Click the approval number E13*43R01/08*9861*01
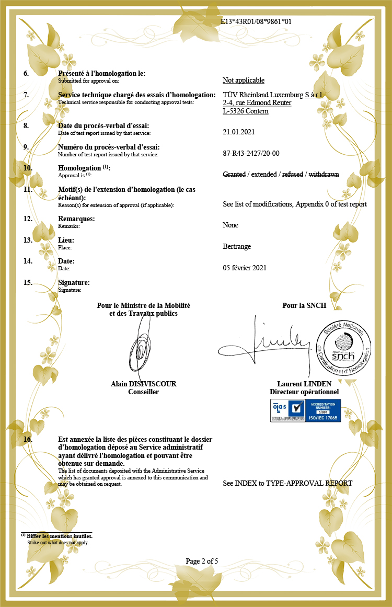pyautogui.click(x=256, y=21)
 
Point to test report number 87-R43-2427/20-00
pyautogui.click(x=251, y=153)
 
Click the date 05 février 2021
pyautogui.click(x=245, y=268)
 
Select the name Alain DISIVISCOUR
pyautogui.click(x=144, y=384)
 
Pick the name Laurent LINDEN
pyautogui.click(x=304, y=384)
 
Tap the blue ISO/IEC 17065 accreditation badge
pyautogui.click(x=305, y=410)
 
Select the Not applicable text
pyautogui.click(x=244, y=80)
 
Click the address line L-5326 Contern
pyautogui.click(x=246, y=111)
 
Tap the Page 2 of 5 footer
pyautogui.click(x=202, y=561)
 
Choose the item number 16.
pyautogui.click(x=28, y=440)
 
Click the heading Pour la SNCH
pyautogui.click(x=304, y=305)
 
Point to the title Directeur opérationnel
pyautogui.click(x=304, y=392)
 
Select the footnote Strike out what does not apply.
pyautogui.click(x=58, y=542)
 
